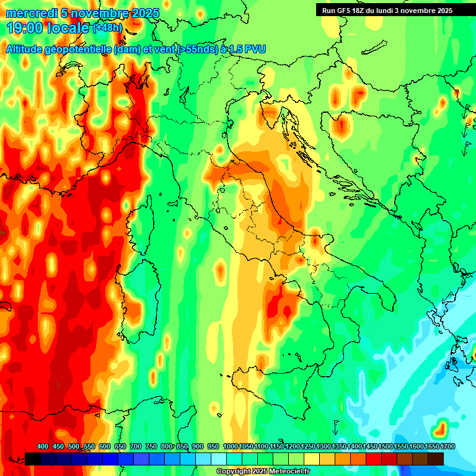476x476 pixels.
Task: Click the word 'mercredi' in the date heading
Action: tap(29, 13)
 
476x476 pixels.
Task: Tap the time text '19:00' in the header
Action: tap(25, 28)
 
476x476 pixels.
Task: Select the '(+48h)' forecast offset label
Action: tap(108, 28)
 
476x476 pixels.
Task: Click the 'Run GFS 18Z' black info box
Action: tap(387, 10)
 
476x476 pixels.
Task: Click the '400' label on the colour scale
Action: tap(43, 447)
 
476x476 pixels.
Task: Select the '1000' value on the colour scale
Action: tap(230, 447)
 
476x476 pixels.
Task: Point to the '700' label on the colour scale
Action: tap(135, 447)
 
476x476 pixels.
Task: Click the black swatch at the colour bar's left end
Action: tap(33, 459)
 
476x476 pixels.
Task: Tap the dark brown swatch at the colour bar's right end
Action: tap(436, 459)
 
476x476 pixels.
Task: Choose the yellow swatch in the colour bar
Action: tap(312, 459)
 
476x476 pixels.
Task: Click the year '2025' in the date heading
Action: tap(146, 13)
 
